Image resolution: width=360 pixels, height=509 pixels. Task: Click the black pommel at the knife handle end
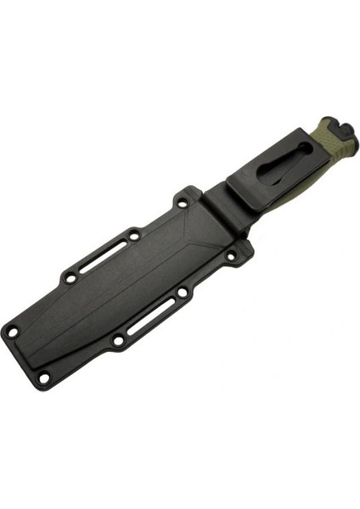pyautogui.click(x=339, y=130)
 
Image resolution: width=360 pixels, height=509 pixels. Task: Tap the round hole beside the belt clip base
pyautogui.click(x=183, y=203)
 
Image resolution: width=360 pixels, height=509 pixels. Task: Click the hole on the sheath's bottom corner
pyautogui.click(x=44, y=378)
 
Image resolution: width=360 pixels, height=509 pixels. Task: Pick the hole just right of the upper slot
pyautogui.click(x=135, y=234)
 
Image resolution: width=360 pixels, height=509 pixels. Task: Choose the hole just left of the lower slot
pyautogui.click(x=118, y=341)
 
